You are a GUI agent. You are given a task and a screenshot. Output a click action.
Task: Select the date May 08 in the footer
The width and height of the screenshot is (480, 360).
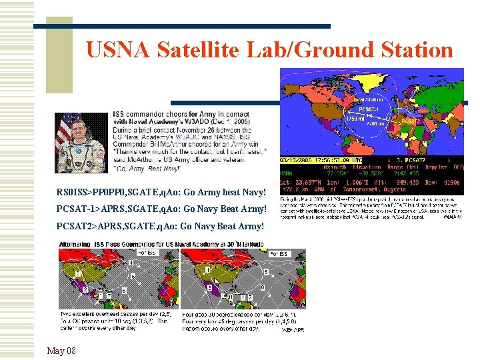pyautogui.click(x=61, y=351)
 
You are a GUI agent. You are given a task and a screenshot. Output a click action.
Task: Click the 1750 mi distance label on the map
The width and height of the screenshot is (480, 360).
pyautogui.click(x=354, y=119)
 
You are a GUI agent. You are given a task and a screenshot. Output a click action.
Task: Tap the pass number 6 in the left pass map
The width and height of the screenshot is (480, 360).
pyautogui.click(x=125, y=291)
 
